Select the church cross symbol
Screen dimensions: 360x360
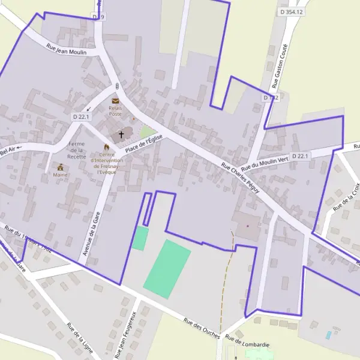tap(122, 134)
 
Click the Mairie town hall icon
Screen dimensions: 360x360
tap(61, 167)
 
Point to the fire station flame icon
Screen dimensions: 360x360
tap(107, 146)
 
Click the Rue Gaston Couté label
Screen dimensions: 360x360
tap(280, 66)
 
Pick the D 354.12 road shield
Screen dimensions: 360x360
tap(292, 11)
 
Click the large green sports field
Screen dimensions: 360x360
tap(167, 268)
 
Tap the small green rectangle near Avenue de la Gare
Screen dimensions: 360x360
tap(140, 238)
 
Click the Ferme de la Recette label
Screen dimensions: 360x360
tap(77, 150)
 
